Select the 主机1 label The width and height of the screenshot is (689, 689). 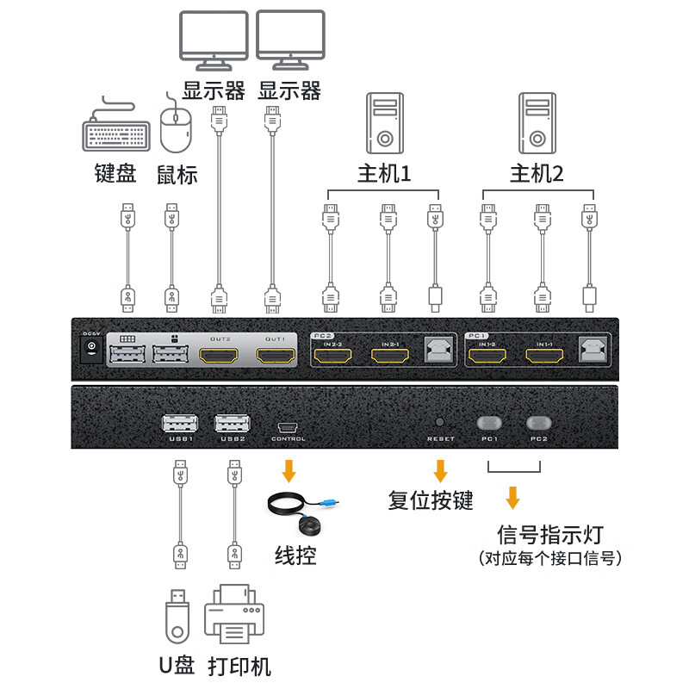(384, 174)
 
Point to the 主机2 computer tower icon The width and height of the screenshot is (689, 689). (536, 121)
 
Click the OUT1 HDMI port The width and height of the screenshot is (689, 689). (275, 355)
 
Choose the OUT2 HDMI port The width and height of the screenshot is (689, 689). (220, 355)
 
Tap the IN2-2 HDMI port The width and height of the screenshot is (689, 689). (333, 355)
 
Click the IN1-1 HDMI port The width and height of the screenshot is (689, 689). (544, 355)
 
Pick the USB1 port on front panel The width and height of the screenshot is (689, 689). (179, 423)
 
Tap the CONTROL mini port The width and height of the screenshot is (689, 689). (288, 425)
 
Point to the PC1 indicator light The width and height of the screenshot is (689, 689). (489, 423)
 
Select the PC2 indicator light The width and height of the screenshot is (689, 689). (539, 423)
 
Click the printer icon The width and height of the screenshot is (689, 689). (233, 613)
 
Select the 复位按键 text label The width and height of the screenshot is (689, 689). (431, 500)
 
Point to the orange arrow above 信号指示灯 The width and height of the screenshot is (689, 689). (513, 498)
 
